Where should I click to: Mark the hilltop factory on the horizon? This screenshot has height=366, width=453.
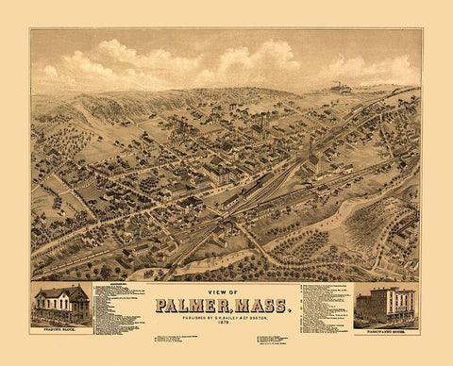click(340, 89)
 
